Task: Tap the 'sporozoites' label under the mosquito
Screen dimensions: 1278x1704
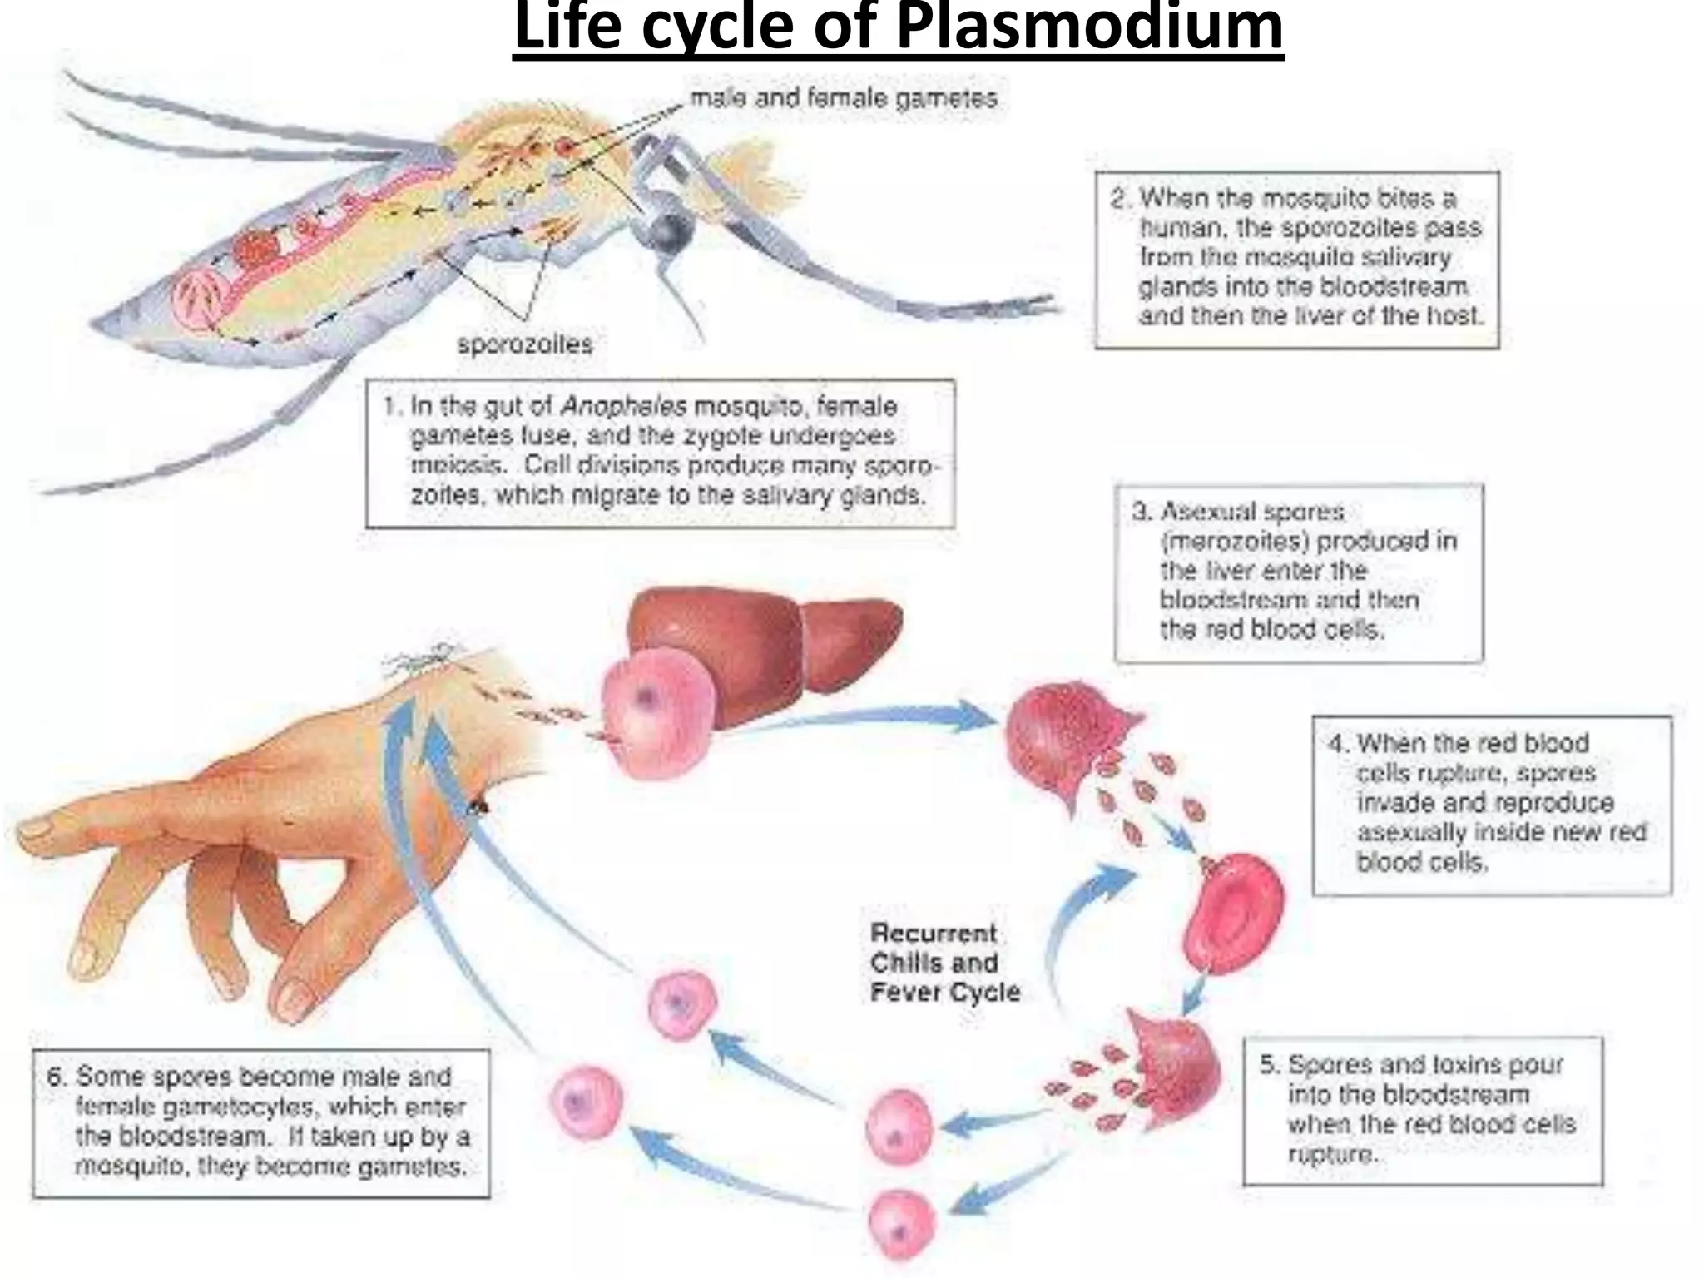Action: (525, 344)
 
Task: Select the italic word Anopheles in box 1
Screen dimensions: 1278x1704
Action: (624, 407)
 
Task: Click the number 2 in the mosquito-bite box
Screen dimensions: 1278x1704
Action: (1119, 199)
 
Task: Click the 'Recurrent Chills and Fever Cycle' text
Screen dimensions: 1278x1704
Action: (944, 963)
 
